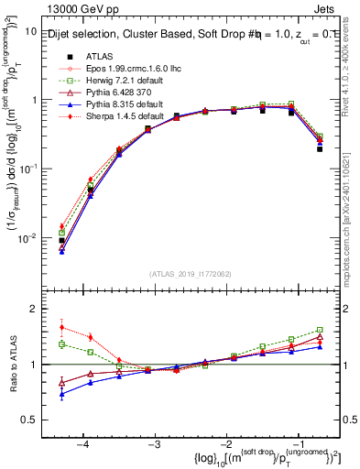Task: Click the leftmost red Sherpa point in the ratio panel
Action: pos(61,327)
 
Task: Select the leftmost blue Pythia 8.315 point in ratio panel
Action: pos(61,395)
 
